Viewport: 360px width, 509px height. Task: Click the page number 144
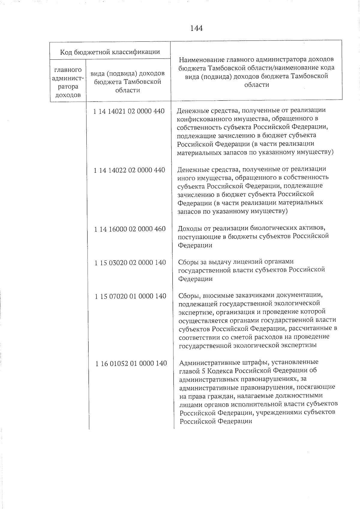(x=196, y=28)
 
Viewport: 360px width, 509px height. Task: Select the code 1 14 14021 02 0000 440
(x=129, y=111)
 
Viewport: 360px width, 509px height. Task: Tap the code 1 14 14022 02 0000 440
(x=129, y=170)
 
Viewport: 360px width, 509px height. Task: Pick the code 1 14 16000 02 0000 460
(x=130, y=229)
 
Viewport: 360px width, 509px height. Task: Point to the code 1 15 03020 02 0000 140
(x=130, y=263)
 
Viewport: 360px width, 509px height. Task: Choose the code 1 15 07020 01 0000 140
(x=130, y=296)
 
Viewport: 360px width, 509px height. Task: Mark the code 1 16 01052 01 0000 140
(x=131, y=364)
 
